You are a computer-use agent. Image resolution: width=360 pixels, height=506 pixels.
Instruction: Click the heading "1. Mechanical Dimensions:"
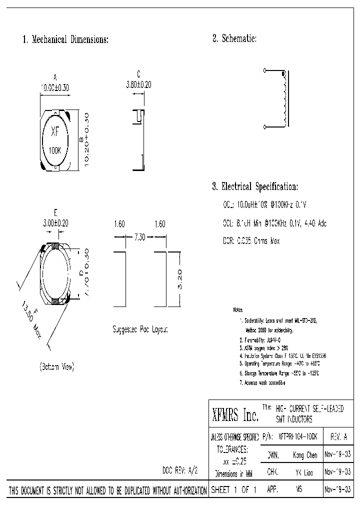[65, 39]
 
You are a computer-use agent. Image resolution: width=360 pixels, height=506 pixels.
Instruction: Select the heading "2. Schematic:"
[234, 39]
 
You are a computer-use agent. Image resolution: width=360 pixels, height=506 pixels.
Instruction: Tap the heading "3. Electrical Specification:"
[255, 187]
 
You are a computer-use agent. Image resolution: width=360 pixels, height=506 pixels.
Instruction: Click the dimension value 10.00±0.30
[55, 87]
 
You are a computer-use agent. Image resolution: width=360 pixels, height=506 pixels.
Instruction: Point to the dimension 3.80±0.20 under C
[138, 85]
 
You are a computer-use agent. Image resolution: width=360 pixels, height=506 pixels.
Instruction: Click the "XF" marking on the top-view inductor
[55, 132]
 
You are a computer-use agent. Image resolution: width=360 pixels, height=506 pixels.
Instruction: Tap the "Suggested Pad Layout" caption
[140, 329]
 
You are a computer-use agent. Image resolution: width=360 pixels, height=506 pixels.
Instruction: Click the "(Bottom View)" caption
[56, 367]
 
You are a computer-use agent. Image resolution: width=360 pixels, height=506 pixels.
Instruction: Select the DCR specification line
[251, 241]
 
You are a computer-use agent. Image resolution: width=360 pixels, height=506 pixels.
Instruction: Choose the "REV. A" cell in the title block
[338, 436]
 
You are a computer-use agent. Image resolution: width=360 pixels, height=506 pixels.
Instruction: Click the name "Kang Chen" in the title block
[304, 455]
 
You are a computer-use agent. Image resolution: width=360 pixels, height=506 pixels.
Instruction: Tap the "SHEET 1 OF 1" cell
[233, 490]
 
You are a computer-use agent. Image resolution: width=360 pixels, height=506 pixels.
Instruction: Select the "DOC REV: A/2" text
[181, 471]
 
